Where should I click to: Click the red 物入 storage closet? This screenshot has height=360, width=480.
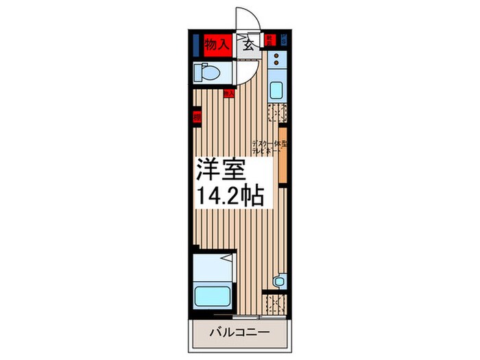tap(215, 45)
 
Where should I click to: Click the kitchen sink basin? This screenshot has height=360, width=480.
tap(276, 90)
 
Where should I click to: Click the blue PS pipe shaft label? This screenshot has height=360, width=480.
tap(283, 40)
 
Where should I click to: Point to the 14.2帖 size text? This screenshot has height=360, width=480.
tap(231, 197)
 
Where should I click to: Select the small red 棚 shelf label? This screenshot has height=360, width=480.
tap(197, 117)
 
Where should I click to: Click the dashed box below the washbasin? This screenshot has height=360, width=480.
tap(276, 302)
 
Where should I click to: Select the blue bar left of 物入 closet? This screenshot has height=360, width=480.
tap(195, 45)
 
